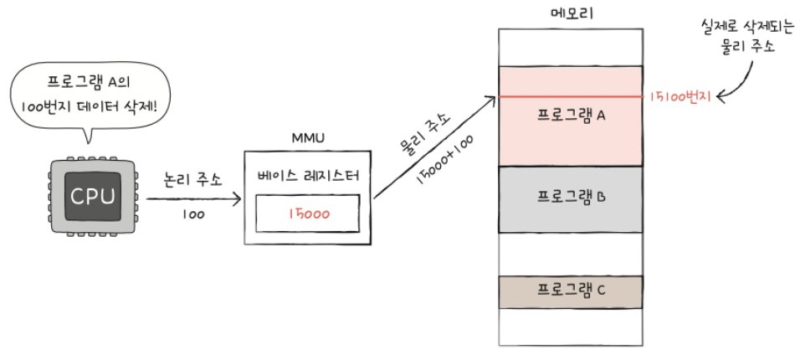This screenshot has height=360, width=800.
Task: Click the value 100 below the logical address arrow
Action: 194,215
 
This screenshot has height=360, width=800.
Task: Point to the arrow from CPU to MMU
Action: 192,199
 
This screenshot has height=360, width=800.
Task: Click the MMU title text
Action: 308,136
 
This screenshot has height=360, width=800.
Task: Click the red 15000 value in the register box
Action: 309,213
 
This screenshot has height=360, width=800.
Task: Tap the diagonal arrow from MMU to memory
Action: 431,148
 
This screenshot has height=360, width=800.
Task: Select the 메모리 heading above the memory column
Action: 571,13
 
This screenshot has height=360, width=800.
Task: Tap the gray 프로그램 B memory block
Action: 571,198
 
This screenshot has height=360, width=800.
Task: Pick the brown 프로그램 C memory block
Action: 571,291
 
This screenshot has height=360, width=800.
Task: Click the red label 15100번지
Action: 679,98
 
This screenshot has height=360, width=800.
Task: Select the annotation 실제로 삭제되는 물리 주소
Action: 737,38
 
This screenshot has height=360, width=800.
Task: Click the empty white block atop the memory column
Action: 571,48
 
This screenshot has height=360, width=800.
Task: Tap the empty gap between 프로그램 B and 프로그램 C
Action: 571,253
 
